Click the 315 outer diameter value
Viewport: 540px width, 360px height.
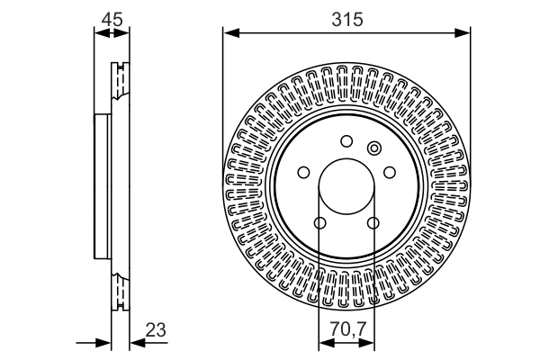point(346,19)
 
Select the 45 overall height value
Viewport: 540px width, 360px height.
point(112,19)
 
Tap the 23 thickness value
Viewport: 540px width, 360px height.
point(156,329)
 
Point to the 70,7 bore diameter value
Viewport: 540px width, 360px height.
point(346,329)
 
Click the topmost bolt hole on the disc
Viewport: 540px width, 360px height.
point(346,140)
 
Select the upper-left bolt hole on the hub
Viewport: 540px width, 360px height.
point(303,172)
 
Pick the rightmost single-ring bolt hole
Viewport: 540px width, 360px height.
point(390,172)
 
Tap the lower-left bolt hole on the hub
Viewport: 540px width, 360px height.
point(319,223)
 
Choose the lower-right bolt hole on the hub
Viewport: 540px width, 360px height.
point(373,223)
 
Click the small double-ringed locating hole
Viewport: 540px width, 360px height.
point(375,148)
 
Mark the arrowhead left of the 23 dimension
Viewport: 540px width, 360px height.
point(105,343)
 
